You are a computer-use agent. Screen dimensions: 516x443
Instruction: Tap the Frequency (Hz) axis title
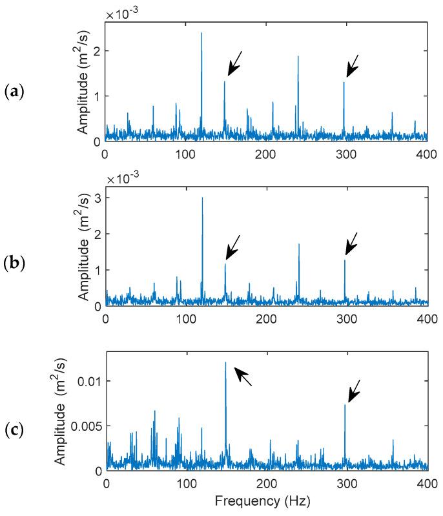(x=267, y=501)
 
